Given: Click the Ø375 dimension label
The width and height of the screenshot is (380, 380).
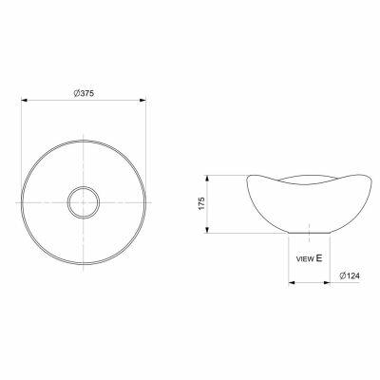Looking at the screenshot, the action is click(x=84, y=93).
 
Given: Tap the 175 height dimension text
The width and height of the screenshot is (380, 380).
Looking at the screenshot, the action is click(x=201, y=203).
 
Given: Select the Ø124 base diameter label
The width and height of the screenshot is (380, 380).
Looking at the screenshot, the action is click(x=350, y=275).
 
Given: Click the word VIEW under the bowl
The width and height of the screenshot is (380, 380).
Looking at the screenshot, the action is click(x=305, y=259).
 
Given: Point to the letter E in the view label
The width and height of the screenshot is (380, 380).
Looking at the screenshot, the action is click(x=319, y=258).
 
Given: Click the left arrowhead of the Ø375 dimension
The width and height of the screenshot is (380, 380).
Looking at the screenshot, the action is click(x=25, y=101).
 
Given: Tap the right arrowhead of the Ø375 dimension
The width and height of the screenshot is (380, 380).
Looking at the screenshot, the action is click(x=142, y=101).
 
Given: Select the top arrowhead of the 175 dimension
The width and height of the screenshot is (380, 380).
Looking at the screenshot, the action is click(x=207, y=179).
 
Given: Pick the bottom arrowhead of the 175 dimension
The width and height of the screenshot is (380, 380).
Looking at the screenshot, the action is click(x=207, y=230).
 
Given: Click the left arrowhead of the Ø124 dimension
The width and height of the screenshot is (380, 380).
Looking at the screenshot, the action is click(x=293, y=282).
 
